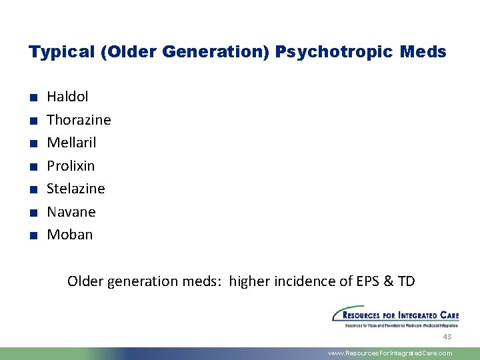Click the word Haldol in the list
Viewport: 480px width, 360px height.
pyautogui.click(x=67, y=97)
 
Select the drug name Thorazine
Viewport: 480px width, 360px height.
pyautogui.click(x=79, y=120)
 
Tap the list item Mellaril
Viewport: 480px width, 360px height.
pyautogui.click(x=71, y=143)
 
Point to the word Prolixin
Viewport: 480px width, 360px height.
pyautogui.click(x=71, y=165)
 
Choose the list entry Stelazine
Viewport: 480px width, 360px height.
pyautogui.click(x=76, y=189)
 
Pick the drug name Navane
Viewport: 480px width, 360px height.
pyautogui.click(x=71, y=212)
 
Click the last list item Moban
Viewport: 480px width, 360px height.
pyautogui.click(x=70, y=235)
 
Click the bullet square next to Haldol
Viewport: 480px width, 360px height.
pyautogui.click(x=32, y=98)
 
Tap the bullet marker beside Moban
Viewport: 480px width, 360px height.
pyautogui.click(x=32, y=235)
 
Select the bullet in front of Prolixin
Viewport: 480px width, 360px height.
pyautogui.click(x=32, y=167)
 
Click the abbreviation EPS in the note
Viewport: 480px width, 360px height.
pyautogui.click(x=368, y=281)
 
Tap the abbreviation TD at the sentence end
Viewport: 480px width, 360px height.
pyautogui.click(x=406, y=281)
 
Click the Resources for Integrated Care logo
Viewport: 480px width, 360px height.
pyautogui.click(x=395, y=317)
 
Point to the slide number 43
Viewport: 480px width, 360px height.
pyautogui.click(x=448, y=337)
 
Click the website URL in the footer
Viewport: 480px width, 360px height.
pyautogui.click(x=390, y=353)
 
